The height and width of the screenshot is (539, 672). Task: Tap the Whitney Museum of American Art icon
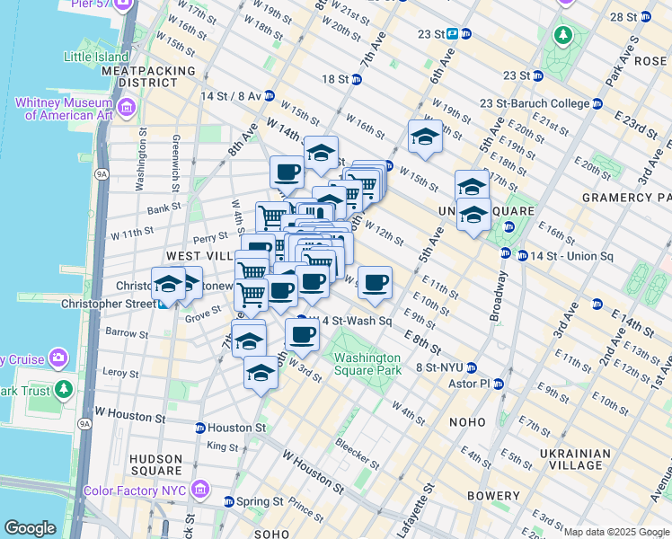click(x=126, y=109)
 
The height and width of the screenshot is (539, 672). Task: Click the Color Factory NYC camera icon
click(x=201, y=490)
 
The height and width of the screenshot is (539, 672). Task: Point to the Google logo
click(x=30, y=528)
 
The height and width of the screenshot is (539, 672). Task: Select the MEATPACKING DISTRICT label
click(x=149, y=75)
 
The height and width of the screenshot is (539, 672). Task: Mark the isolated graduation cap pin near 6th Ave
click(x=425, y=137)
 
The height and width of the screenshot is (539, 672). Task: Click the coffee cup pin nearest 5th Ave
click(x=376, y=283)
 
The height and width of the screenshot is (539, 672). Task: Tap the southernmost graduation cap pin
click(x=261, y=372)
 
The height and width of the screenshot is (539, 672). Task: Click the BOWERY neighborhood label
click(x=493, y=496)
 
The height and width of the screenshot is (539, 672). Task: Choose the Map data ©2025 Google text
click(x=616, y=532)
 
